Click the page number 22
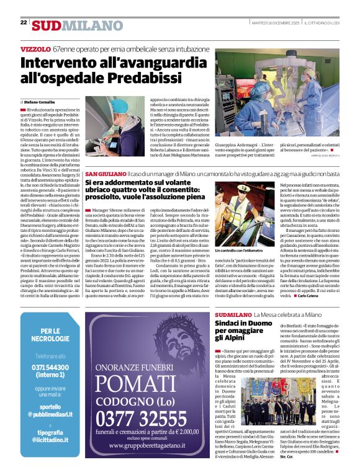coord(24,22)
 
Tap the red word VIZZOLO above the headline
coord(35,48)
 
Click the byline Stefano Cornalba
coord(39,100)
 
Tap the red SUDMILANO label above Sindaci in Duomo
coord(234,314)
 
